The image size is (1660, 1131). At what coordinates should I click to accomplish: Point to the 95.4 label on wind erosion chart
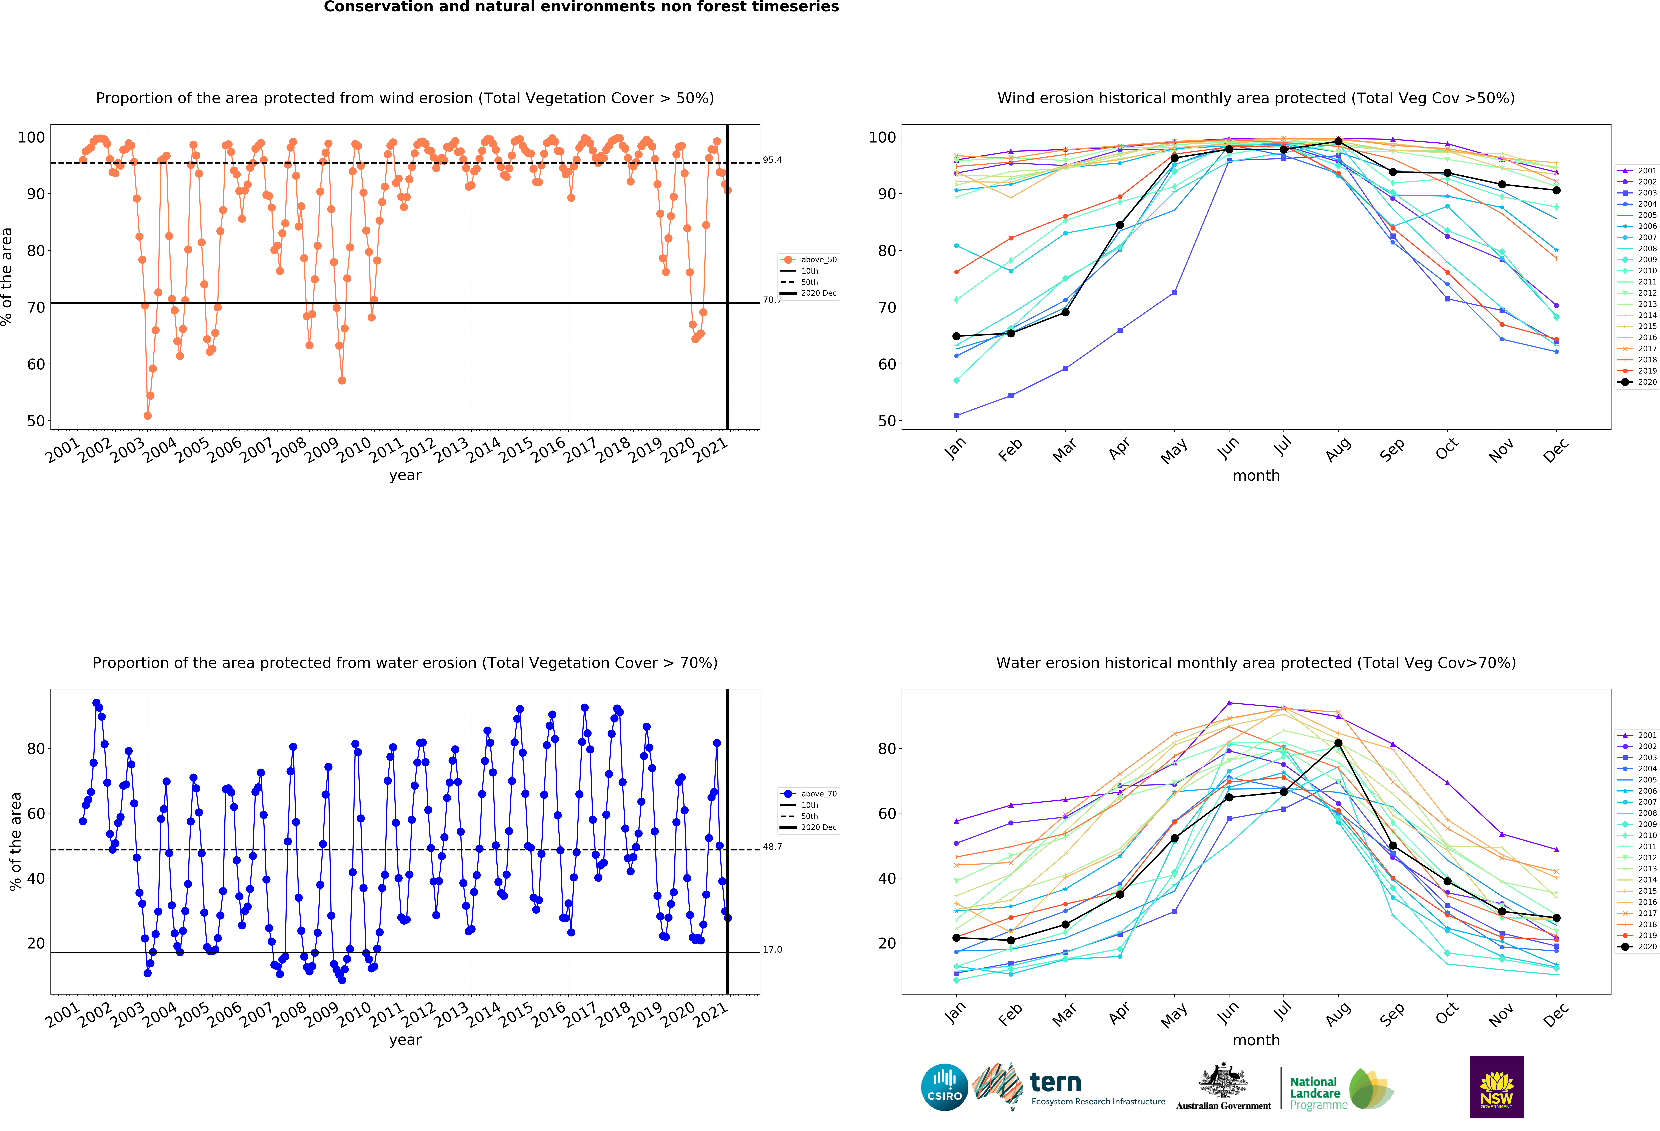(x=772, y=160)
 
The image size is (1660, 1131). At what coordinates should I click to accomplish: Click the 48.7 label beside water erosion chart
(x=772, y=847)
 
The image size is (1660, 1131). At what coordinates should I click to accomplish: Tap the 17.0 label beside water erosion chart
(x=772, y=950)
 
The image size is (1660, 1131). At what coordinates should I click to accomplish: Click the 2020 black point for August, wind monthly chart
(x=1338, y=141)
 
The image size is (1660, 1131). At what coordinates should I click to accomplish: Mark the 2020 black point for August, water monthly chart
(x=1338, y=743)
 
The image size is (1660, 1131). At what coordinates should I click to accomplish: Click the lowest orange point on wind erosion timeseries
(x=147, y=415)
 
